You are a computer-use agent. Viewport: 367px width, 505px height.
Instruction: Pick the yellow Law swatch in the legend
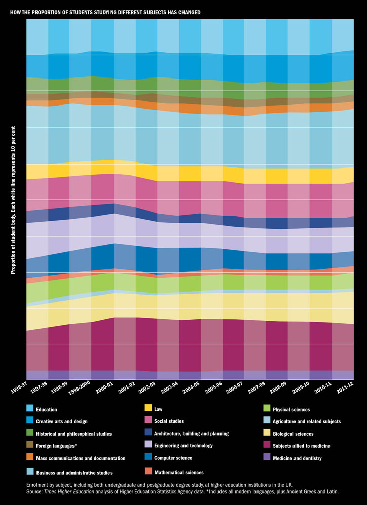coord(149,409)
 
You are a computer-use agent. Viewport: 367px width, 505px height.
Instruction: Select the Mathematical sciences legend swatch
coord(149,471)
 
